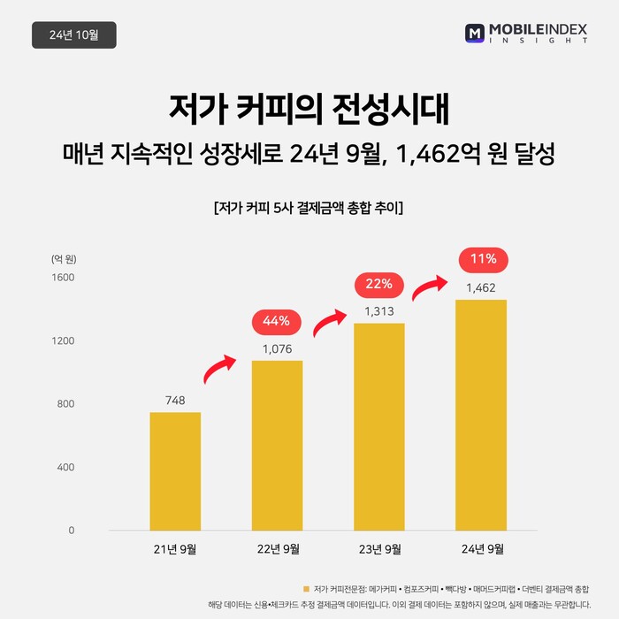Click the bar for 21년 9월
click(x=175, y=471)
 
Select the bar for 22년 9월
click(x=277, y=446)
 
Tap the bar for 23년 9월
click(x=379, y=427)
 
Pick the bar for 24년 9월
click(x=481, y=415)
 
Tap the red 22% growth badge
click(x=379, y=285)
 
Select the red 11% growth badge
click(x=483, y=259)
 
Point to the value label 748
click(x=175, y=401)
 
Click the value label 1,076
click(x=277, y=348)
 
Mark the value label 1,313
click(x=379, y=311)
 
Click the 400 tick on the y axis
click(x=66, y=467)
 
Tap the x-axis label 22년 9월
click(x=277, y=549)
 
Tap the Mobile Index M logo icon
click(x=474, y=34)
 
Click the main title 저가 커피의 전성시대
click(x=309, y=110)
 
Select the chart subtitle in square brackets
click(x=309, y=209)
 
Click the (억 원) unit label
click(x=64, y=259)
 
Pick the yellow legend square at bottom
click(x=306, y=588)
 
